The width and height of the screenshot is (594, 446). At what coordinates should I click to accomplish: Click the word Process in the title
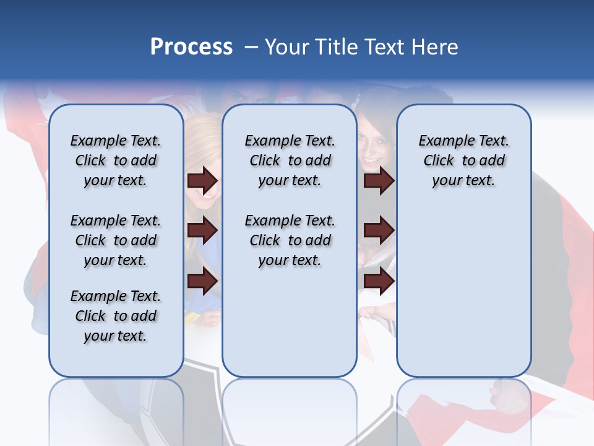point(191,47)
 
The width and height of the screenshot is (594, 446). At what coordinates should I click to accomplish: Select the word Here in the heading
point(435,47)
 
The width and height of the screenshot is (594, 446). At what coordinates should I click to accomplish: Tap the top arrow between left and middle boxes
point(202,181)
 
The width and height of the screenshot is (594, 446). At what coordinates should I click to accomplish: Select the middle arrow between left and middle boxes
point(202,231)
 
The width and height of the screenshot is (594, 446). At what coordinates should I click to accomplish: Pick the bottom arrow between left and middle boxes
point(202,281)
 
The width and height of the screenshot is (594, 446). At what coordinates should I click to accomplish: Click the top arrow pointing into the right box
point(379,181)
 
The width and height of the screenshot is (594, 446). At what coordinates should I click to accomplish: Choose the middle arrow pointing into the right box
point(379,231)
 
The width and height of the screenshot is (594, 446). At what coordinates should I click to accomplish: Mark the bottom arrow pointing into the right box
point(379,281)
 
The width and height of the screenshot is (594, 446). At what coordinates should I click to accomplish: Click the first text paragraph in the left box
point(116,160)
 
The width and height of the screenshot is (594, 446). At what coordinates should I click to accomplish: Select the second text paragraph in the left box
point(116,240)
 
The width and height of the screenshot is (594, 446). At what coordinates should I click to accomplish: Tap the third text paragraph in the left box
point(116,316)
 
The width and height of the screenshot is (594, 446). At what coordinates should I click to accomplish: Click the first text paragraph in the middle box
point(290,160)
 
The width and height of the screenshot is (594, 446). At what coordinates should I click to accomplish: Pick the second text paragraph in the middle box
point(290,240)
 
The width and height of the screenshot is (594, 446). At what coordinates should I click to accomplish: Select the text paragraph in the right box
point(463,160)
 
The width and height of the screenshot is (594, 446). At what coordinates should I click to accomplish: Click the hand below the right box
point(510,396)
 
